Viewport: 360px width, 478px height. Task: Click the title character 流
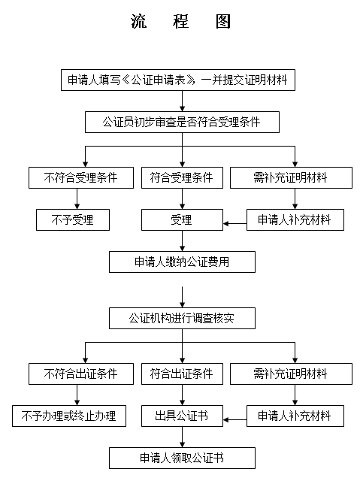coord(139,21)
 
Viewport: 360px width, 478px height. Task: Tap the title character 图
coord(223,21)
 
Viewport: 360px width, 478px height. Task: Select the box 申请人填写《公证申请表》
coord(178,80)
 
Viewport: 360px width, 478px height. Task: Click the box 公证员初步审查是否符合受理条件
coord(182,123)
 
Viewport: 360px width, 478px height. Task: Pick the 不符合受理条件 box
coord(81,177)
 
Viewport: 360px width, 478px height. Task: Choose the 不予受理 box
coord(73,219)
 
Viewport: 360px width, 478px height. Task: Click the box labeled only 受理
coord(182,219)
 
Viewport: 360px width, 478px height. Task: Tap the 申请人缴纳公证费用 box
coord(182,262)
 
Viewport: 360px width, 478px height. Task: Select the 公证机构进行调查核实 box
coord(182,318)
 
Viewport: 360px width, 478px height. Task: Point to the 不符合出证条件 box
coord(81,374)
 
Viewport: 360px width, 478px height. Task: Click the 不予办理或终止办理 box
coord(69,416)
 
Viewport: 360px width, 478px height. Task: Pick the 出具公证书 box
coord(182,416)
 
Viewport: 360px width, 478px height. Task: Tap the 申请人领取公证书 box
coord(182,458)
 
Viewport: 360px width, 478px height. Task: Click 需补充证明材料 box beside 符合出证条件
coord(291,374)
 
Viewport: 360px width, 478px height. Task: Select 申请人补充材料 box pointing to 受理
coord(295,219)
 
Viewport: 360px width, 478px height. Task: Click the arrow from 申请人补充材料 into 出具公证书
coord(235,420)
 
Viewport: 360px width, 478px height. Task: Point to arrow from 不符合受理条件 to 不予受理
coord(77,198)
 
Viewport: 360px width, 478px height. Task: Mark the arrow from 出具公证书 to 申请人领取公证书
coord(183,437)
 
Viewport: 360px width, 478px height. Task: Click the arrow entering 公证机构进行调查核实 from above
coord(183,297)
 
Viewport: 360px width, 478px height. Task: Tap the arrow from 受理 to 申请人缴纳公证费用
coord(183,241)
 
